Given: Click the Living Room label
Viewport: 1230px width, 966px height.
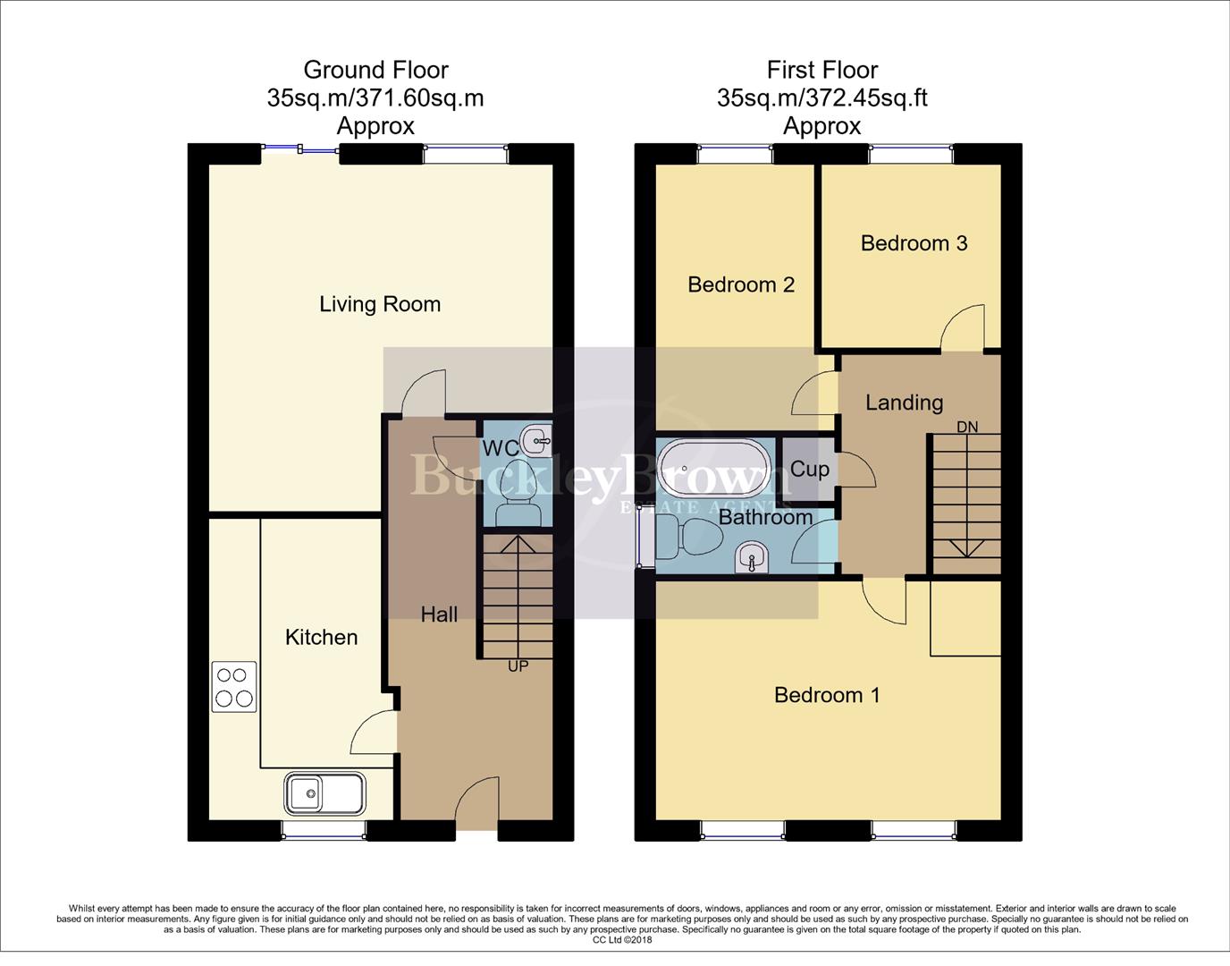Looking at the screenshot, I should point(380,304).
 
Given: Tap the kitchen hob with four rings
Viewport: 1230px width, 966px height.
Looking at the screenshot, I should point(234,687).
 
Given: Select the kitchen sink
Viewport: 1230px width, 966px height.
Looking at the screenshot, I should point(324,792).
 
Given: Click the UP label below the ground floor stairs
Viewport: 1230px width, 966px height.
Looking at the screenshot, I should point(518,666).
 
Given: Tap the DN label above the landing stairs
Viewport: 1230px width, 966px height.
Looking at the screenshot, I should point(967,428).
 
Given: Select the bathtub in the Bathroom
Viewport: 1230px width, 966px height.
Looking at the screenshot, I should point(713,468).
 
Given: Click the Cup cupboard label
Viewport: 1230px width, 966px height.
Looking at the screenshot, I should point(810,469).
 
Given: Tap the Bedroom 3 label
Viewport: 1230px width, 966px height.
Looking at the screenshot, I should point(914,243).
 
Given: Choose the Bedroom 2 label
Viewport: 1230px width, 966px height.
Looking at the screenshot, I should point(741,284).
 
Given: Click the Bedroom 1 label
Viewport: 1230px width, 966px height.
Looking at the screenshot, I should point(827,695).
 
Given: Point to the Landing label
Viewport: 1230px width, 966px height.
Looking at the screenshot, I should point(904,402).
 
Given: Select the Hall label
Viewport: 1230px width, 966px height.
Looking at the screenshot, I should point(439,614).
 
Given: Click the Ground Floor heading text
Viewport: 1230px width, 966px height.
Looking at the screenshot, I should point(375,70).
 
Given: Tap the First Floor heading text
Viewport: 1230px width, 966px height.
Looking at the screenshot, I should point(822,70).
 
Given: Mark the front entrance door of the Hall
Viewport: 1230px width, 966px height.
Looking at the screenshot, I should point(477,805).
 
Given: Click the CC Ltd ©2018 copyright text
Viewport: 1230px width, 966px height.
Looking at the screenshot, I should point(622,940).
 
